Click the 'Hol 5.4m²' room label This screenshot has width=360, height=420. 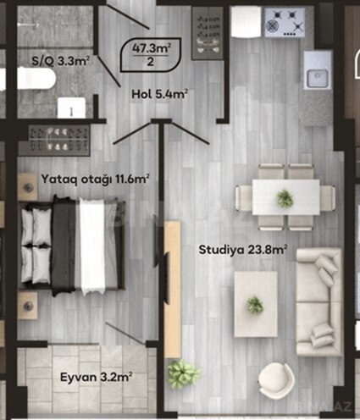click(159, 94)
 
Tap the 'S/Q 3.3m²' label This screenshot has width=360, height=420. click(60, 60)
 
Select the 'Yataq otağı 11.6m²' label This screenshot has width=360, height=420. click(96, 180)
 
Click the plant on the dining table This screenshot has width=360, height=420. click(285, 199)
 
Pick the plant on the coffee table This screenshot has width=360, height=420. click(255, 304)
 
